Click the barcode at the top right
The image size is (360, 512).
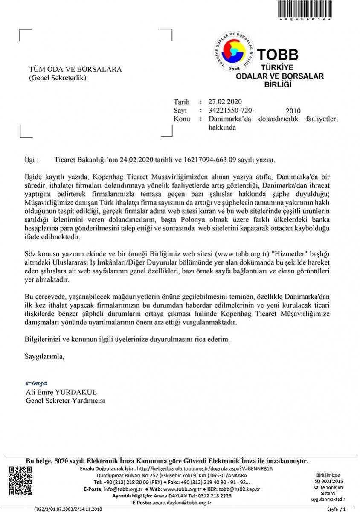pyautogui.click(x=305, y=9)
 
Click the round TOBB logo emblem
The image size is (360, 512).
pyautogui.click(x=233, y=51)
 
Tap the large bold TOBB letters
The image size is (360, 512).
pyautogui.click(x=277, y=55)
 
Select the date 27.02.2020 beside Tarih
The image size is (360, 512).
pyautogui.click(x=225, y=102)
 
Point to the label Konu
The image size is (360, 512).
pyautogui.click(x=182, y=119)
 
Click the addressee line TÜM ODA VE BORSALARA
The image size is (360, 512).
pyautogui.click(x=75, y=69)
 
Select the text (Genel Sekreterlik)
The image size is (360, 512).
pyautogui.click(x=58, y=78)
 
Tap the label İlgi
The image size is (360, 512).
pyautogui.click(x=32, y=160)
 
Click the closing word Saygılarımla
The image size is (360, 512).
pyautogui.click(x=44, y=356)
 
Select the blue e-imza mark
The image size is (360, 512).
pyautogui.click(x=36, y=383)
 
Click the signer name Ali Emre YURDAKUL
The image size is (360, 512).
pyautogui.click(x=61, y=392)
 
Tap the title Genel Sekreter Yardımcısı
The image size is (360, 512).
pyautogui.click(x=65, y=401)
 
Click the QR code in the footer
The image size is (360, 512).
pyautogui.click(x=20, y=481)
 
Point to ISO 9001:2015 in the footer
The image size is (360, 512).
pyautogui.click(x=327, y=481)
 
